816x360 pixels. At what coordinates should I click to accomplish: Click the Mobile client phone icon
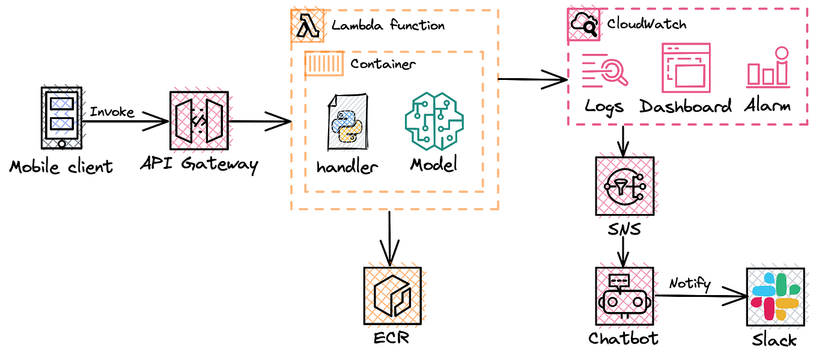click(x=61, y=118)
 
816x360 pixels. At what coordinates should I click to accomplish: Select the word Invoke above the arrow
click(x=112, y=112)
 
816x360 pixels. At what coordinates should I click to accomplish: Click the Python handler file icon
click(x=347, y=122)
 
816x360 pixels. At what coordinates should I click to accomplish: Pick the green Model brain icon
click(x=435, y=121)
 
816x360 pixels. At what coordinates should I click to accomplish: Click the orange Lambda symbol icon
click(x=306, y=25)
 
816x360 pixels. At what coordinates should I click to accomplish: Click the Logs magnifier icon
click(x=604, y=70)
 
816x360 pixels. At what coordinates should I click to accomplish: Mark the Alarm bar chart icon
click(x=767, y=67)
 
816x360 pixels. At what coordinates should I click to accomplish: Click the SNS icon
click(x=624, y=186)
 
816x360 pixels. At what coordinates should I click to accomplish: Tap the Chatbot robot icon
click(x=623, y=295)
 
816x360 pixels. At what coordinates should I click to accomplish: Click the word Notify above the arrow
click(x=690, y=282)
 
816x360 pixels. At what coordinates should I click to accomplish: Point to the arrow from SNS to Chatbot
click(x=624, y=251)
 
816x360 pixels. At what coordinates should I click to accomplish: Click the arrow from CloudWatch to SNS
click(x=624, y=141)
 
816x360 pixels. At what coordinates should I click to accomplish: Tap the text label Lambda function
click(x=388, y=25)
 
